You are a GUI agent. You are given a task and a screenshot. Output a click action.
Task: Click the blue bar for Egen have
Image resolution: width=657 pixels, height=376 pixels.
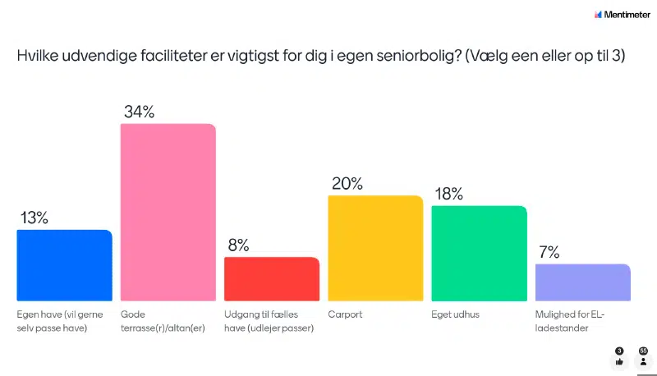[64, 264]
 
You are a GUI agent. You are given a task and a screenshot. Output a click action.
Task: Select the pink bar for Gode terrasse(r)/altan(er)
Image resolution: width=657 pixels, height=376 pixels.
[168, 212]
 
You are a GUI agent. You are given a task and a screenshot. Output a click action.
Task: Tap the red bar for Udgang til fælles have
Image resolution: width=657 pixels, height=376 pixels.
[272, 278]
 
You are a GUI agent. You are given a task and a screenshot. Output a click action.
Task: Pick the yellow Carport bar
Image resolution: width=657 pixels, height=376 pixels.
[375, 247]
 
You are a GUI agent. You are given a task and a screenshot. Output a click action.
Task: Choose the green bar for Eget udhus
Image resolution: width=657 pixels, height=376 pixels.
[479, 253]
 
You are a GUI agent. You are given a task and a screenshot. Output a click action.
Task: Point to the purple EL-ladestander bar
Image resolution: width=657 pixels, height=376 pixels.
[582, 282]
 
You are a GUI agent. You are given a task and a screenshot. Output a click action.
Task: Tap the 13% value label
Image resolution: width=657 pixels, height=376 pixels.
[35, 218]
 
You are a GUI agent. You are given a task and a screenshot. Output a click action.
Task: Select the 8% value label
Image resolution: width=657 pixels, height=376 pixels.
[238, 245]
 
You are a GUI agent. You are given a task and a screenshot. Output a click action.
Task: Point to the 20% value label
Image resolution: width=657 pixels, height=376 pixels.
[347, 184]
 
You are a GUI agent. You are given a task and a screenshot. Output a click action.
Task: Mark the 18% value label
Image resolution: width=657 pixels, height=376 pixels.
[449, 195]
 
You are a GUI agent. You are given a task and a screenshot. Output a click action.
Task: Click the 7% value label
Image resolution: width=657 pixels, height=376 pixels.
[549, 253]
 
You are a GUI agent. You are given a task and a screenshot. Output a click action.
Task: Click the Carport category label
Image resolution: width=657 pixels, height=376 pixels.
[344, 314]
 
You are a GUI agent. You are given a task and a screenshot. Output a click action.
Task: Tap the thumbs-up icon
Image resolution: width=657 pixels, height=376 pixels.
[619, 360]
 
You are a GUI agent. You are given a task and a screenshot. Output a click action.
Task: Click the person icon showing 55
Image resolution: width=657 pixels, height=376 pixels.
[643, 360]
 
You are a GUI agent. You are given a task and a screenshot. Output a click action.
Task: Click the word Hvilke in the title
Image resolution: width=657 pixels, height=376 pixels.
[38, 57]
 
